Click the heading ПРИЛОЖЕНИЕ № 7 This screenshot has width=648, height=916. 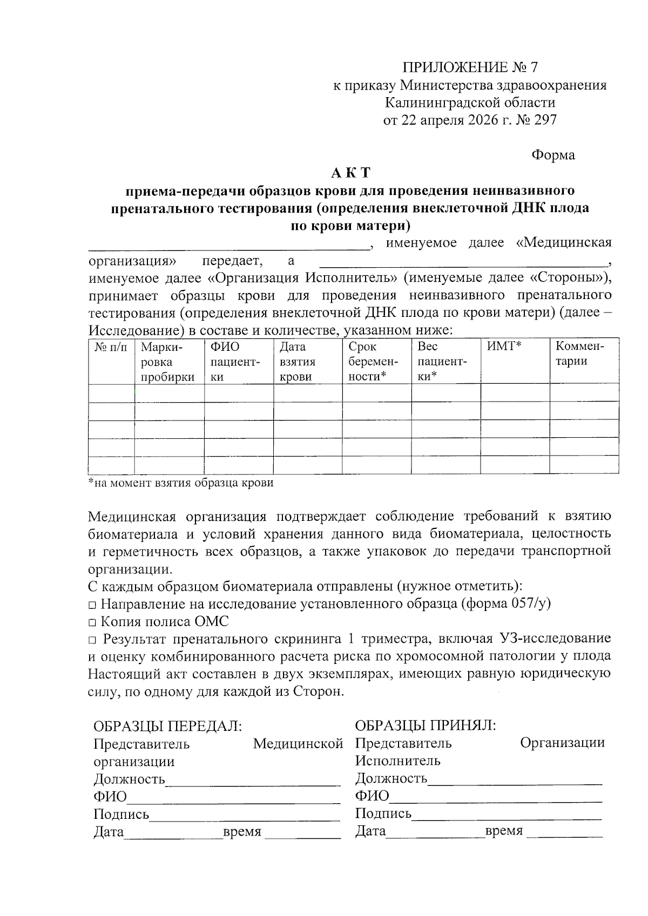point(470,67)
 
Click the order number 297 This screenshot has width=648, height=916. point(544,120)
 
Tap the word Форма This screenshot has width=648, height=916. point(553,155)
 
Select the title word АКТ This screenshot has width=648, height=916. point(350,173)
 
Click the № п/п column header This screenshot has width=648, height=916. point(111,347)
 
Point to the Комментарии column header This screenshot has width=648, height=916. point(580,354)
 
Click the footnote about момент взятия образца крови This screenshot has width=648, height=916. point(181,483)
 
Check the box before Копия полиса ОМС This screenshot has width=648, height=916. point(92,622)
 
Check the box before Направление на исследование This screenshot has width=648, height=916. point(92,605)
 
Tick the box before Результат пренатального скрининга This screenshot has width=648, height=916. point(92,640)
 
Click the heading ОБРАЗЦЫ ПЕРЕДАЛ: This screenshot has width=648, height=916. point(167,726)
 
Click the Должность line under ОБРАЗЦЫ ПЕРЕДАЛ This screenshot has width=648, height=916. point(253,781)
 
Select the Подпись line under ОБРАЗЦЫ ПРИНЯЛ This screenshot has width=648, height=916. point(507,815)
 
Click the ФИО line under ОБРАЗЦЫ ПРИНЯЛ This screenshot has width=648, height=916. point(495,797)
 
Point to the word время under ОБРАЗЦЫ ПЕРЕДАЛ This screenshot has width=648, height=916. point(242,832)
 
